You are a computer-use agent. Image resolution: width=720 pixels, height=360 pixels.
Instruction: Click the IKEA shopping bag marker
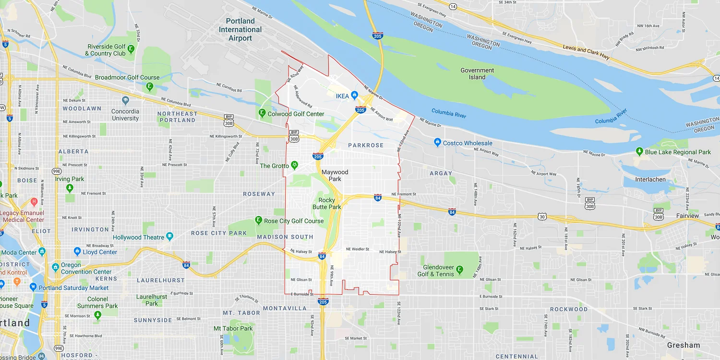(354, 96)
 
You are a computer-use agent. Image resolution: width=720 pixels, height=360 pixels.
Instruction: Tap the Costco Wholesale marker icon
(437, 143)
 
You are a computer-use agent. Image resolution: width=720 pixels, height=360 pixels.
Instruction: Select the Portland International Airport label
(240, 29)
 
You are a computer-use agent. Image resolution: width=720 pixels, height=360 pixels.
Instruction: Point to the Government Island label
(477, 73)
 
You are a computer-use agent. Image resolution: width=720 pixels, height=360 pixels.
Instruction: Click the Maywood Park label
(335, 175)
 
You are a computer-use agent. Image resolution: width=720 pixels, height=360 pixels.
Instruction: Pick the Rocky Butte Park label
(327, 204)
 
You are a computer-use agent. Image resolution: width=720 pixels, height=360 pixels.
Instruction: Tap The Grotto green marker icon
(294, 166)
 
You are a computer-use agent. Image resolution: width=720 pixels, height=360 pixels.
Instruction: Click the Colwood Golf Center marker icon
(262, 114)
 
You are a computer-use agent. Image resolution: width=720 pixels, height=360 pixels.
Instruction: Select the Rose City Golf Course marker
(259, 221)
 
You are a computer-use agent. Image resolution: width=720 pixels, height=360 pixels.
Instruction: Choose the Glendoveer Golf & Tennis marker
(459, 270)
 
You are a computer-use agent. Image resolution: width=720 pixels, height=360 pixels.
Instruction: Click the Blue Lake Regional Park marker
(639, 152)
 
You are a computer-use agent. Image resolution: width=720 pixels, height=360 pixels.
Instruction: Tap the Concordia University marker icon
(125, 101)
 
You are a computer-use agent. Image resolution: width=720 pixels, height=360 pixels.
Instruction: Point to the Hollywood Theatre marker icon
(169, 237)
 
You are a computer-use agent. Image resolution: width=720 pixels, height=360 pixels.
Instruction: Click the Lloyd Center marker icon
(77, 252)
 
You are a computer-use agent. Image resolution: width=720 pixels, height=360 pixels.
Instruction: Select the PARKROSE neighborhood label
(366, 145)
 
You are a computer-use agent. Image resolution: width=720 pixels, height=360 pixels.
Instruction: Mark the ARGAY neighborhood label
(441, 173)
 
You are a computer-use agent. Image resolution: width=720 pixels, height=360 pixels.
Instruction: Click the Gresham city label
(684, 345)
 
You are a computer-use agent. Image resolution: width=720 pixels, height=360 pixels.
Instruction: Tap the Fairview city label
(688, 216)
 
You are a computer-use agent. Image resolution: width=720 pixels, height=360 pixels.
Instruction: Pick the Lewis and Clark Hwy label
(587, 53)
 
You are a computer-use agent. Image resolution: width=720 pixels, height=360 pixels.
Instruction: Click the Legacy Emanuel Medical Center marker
(34, 202)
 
